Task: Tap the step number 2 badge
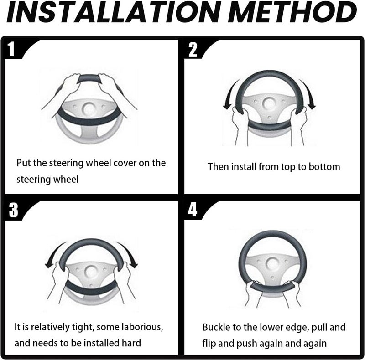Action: pos(193,49)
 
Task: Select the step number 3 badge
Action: pos(13,210)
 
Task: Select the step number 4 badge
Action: pos(193,210)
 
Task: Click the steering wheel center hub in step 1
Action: pos(89,108)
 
